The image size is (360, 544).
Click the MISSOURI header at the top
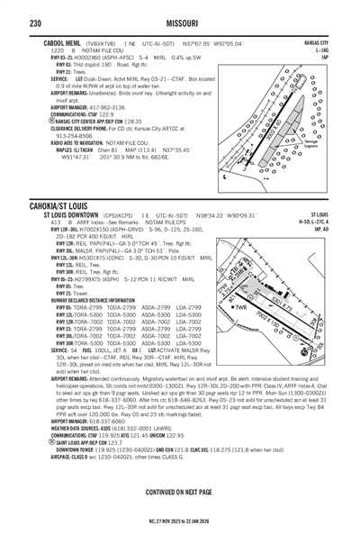(180, 10)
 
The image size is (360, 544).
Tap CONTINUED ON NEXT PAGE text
(180, 492)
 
